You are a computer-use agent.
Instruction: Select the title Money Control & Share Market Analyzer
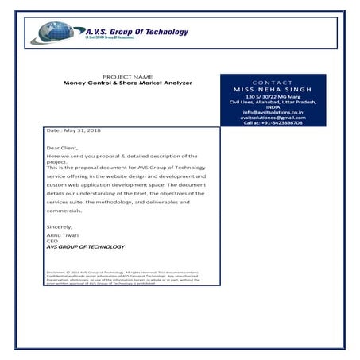coord(128,83)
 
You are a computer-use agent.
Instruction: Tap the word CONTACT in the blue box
coord(273,82)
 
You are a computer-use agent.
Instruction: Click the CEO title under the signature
coord(52,242)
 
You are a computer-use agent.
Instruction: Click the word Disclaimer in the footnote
coord(57,271)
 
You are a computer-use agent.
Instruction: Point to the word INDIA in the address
coord(273,106)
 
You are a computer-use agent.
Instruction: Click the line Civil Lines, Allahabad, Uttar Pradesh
coord(273,102)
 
